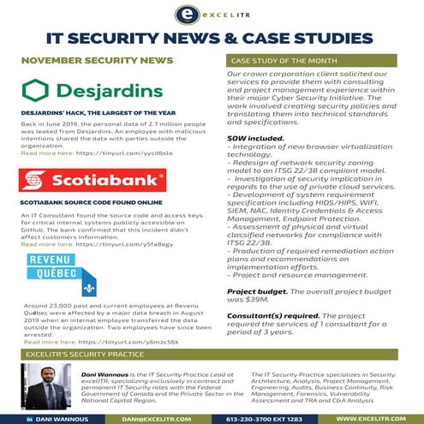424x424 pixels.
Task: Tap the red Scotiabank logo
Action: pos(92,180)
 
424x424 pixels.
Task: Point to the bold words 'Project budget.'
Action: pos(257,292)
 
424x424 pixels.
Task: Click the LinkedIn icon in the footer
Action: pos(27,417)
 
